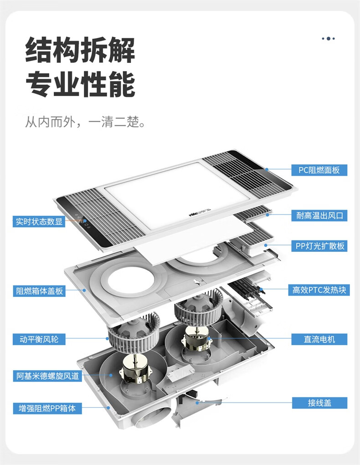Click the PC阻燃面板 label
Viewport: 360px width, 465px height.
(319, 170)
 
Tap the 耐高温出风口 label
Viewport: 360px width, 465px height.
(319, 215)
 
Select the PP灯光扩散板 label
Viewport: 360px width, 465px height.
(319, 246)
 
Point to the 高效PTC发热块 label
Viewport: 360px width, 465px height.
(319, 290)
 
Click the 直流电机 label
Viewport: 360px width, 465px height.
(319, 339)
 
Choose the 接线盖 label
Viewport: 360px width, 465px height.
(319, 403)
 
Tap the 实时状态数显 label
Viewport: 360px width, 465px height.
(39, 221)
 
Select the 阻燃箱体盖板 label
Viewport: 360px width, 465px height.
(39, 291)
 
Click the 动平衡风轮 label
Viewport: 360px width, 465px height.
(39, 339)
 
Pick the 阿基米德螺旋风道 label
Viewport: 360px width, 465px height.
(47, 376)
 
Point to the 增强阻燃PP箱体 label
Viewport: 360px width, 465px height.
(47, 409)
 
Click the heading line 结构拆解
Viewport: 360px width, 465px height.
(80, 50)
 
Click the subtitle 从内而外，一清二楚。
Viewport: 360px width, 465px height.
(85, 122)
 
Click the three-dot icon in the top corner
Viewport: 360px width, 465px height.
(328, 39)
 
